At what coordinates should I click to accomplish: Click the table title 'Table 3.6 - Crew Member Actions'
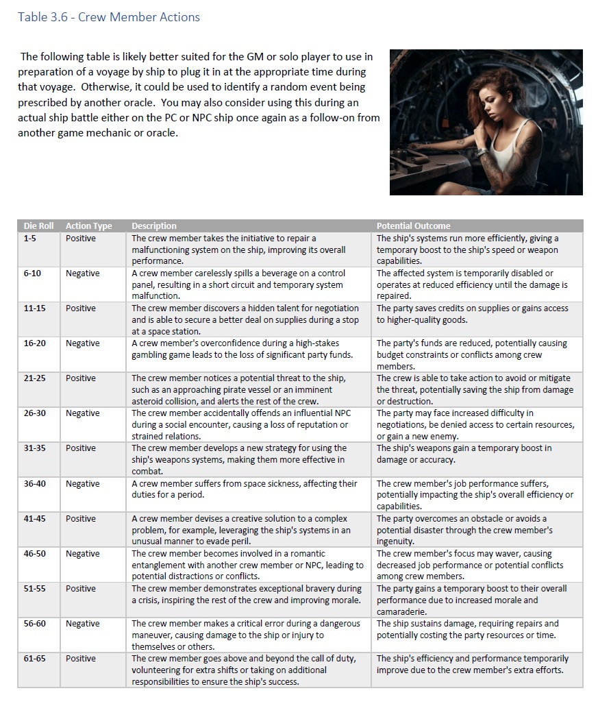pyautogui.click(x=109, y=17)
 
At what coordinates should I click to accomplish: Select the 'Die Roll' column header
pyautogui.click(x=38, y=226)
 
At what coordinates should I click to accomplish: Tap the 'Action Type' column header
pyautogui.click(x=88, y=226)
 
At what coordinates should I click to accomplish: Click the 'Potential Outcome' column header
pyautogui.click(x=413, y=226)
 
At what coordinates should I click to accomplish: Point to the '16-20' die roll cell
pyautogui.click(x=34, y=343)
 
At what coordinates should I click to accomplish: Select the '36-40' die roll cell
pyautogui.click(x=34, y=483)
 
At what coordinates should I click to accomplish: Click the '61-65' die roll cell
pyautogui.click(x=34, y=658)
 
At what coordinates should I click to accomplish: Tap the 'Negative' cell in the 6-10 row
pyautogui.click(x=82, y=273)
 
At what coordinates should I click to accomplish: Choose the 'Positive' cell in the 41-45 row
pyautogui.click(x=81, y=518)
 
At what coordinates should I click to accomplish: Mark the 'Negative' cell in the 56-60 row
pyautogui.click(x=82, y=623)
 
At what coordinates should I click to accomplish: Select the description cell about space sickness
pyautogui.click(x=245, y=489)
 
